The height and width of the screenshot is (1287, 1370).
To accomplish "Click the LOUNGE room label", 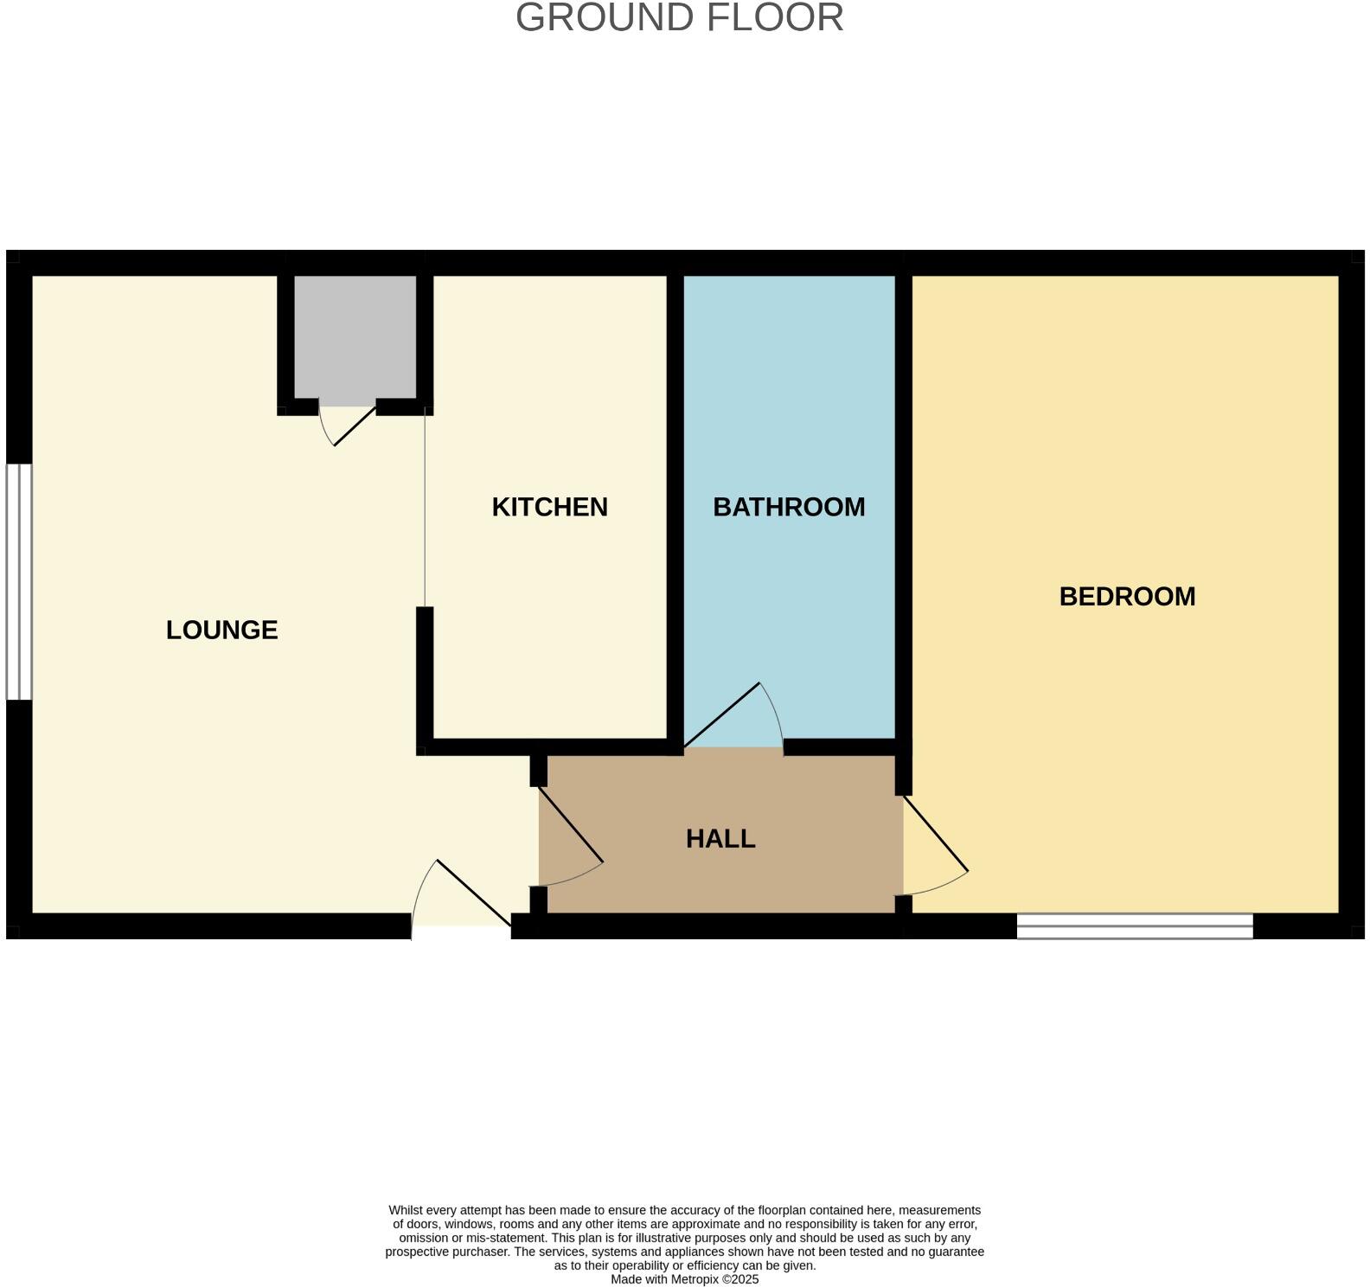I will click(x=221, y=631).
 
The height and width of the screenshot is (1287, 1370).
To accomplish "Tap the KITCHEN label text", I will click(x=549, y=507).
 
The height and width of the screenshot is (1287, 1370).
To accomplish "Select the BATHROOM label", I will click(x=789, y=507).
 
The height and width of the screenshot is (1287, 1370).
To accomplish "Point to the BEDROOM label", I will click(x=1127, y=597).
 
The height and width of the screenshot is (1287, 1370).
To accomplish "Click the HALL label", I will click(x=720, y=839).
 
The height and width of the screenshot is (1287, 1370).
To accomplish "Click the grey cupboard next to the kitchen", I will click(x=355, y=339).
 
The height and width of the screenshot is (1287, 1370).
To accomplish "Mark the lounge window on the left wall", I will click(x=19, y=581).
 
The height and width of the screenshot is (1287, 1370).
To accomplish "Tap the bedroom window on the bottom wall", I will click(x=1134, y=926).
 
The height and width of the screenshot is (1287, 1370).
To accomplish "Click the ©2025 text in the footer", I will click(x=740, y=1279).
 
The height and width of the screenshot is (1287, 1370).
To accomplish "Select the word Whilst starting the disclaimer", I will click(x=407, y=1210).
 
